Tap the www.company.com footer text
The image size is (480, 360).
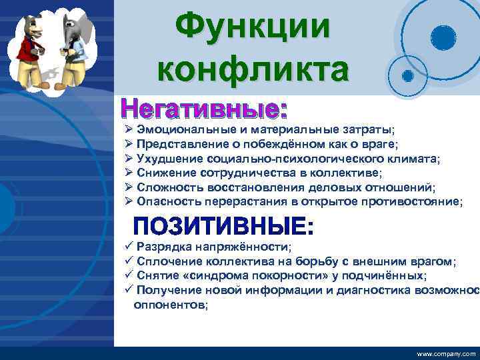[x=446, y=353]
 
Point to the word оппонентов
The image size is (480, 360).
[x=170, y=304]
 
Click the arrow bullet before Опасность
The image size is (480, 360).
[x=129, y=201]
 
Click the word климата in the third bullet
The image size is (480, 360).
[x=417, y=158]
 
